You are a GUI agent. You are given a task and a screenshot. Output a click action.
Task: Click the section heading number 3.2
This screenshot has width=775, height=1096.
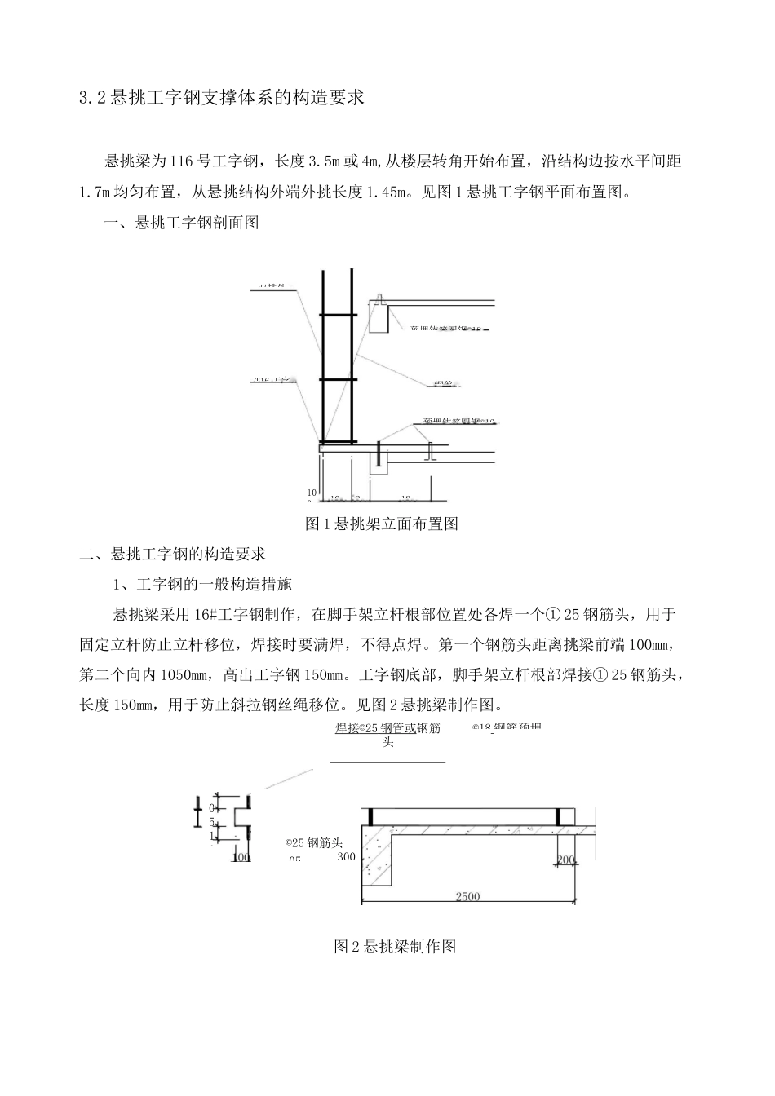coord(92,99)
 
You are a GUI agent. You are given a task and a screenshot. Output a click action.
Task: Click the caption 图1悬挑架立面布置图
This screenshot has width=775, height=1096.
coord(381,524)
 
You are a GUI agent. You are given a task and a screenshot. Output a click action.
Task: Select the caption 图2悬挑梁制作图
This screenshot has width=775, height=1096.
coord(395,947)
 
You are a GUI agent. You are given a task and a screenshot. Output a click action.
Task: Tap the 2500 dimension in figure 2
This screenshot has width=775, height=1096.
coord(467,897)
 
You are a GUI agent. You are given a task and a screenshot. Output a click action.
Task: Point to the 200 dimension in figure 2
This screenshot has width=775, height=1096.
coord(566,860)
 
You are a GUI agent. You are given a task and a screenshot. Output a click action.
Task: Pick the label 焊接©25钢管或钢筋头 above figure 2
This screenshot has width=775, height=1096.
coord(388,735)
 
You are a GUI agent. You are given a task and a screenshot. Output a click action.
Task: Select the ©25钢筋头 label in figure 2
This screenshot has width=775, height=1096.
coord(313,844)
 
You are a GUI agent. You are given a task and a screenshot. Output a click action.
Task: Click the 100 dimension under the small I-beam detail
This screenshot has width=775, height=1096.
coord(241,857)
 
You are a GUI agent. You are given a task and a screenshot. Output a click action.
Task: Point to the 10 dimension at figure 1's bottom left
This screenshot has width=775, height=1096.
coord(312,493)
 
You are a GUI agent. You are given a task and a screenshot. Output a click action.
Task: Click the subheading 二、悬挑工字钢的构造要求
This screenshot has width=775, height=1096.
coord(173,555)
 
